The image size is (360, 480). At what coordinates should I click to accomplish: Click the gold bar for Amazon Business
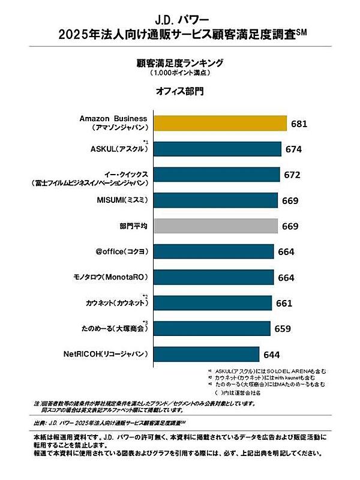(x=220, y=123)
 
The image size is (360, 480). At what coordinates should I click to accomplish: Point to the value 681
(x=299, y=124)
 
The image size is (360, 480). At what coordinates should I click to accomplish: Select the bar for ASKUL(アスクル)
(x=218, y=149)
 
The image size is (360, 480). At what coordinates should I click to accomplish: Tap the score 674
(x=294, y=149)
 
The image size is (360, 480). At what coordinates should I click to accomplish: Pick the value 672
(x=292, y=175)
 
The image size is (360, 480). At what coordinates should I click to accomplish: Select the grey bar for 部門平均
(x=216, y=226)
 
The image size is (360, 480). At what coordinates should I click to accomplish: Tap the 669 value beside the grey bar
(x=290, y=226)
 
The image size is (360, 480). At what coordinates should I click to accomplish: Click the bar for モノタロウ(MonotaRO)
(x=214, y=277)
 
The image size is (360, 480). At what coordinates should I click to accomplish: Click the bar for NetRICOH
(x=207, y=354)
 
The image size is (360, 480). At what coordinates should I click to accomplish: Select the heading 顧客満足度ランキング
(x=179, y=62)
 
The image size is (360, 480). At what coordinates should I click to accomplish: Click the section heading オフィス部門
(x=179, y=91)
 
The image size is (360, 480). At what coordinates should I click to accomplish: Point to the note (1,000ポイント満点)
(x=179, y=73)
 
